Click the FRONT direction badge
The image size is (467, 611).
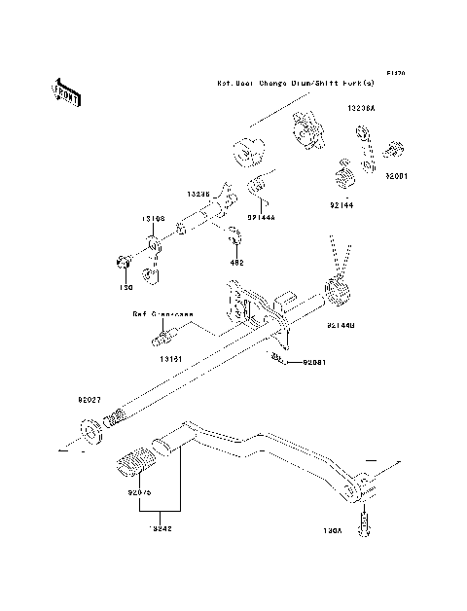tap(66, 90)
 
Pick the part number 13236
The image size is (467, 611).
tap(198, 194)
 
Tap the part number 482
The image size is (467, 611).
tap(235, 262)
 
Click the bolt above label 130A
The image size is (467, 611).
tap(367, 522)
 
